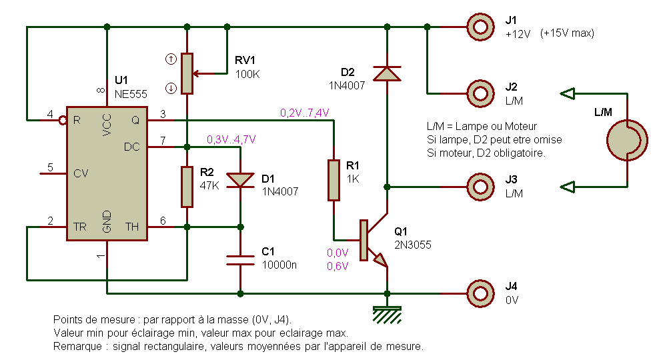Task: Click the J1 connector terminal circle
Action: click(481, 27)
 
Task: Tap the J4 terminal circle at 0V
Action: click(481, 293)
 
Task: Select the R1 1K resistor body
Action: click(333, 180)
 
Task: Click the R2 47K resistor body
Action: click(187, 187)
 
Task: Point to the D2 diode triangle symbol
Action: click(387, 73)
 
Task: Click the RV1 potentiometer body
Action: click(187, 73)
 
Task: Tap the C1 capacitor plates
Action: click(240, 260)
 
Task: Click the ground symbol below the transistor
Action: click(387, 315)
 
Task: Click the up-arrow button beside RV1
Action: click(171, 59)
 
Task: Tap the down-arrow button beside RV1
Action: click(171, 89)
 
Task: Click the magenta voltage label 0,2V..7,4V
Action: click(305, 113)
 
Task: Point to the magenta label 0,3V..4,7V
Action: click(231, 139)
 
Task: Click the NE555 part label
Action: click(131, 94)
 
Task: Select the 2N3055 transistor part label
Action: click(413, 245)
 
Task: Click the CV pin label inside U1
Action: click(81, 173)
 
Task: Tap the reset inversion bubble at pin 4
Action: click(63, 120)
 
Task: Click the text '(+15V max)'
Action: click(567, 33)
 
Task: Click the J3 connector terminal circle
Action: click(481, 187)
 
